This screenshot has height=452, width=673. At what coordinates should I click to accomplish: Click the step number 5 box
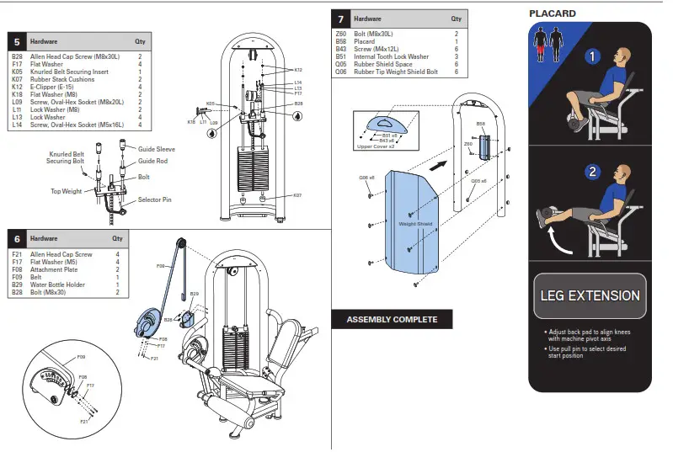(16, 40)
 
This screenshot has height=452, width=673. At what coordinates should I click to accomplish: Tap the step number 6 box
(16, 239)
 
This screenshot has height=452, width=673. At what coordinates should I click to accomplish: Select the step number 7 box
(340, 19)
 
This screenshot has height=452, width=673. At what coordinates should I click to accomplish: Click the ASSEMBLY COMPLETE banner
(392, 320)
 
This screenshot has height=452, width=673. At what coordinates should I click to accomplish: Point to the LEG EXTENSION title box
(590, 296)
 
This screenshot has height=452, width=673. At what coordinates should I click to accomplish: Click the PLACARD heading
(552, 13)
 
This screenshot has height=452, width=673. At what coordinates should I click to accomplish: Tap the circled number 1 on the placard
(592, 57)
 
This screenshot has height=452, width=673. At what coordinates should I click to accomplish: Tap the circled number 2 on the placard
(592, 172)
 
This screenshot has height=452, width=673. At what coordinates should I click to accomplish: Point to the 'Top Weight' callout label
(65, 190)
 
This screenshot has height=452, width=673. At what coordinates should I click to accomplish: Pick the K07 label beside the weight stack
(297, 195)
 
